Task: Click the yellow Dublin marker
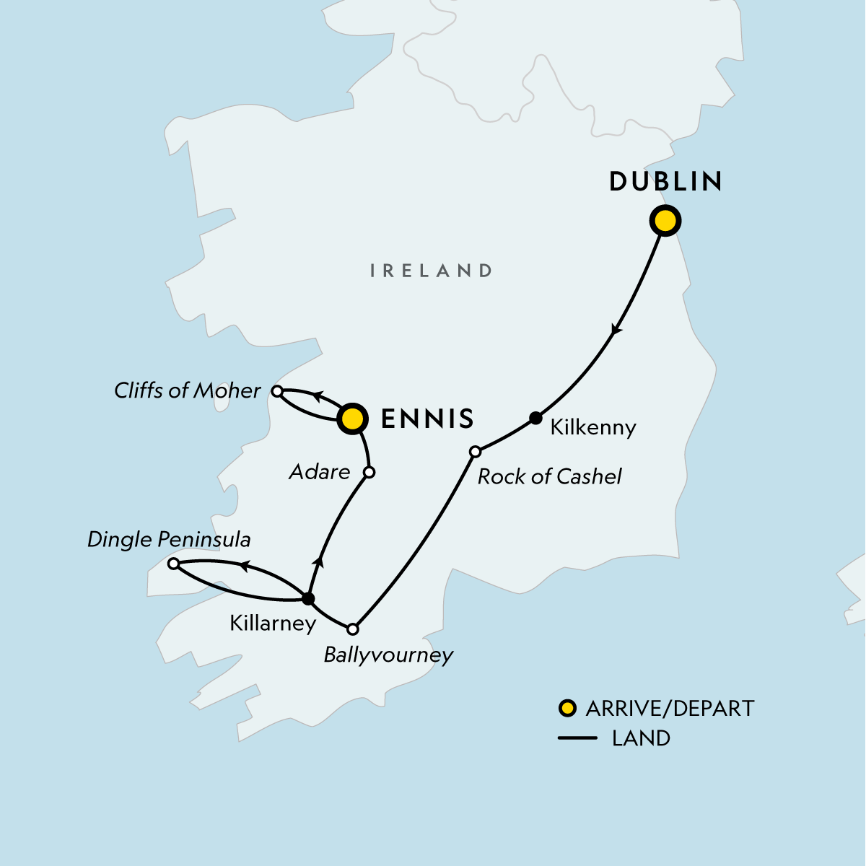(x=665, y=221)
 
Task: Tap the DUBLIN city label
(x=665, y=182)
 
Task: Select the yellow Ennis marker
(x=351, y=419)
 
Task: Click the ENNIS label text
(x=427, y=419)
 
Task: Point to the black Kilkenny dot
(x=535, y=417)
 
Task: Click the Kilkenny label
(x=592, y=427)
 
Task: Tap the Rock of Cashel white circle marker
(x=475, y=452)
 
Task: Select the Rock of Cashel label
(x=549, y=476)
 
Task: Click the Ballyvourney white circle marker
(x=353, y=629)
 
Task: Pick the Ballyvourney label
(x=388, y=655)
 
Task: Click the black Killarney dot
(x=308, y=598)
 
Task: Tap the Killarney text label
(x=273, y=624)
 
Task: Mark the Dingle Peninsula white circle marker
(x=173, y=564)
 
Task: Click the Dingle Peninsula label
(x=169, y=540)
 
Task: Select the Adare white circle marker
(x=369, y=473)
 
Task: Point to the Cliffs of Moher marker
(x=276, y=391)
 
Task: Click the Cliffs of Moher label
(x=187, y=391)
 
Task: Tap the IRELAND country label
(x=431, y=271)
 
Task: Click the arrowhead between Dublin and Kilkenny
(x=616, y=330)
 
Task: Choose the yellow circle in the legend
(x=568, y=709)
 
